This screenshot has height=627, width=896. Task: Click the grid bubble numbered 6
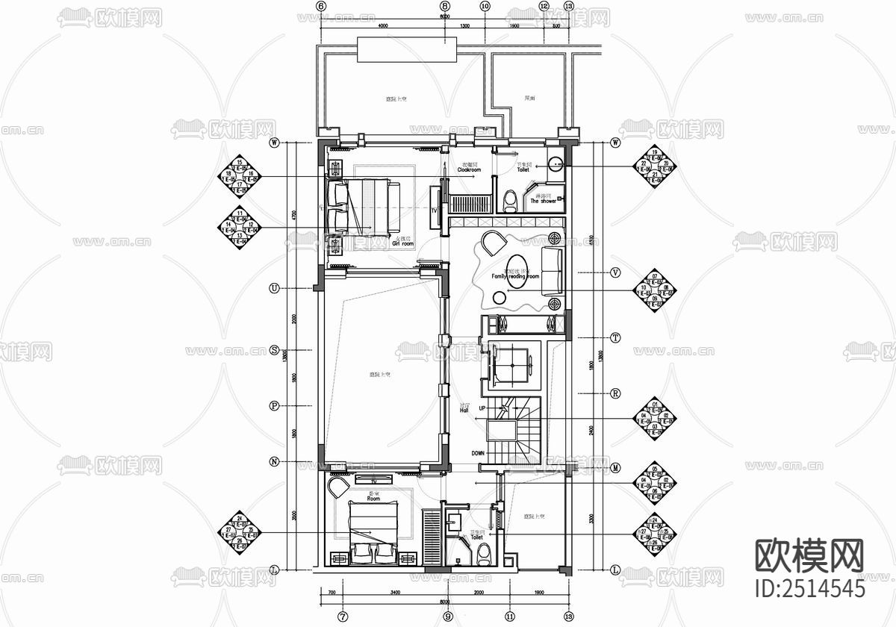pyautogui.click(x=322, y=6)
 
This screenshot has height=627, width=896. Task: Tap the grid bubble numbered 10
pyautogui.click(x=485, y=6)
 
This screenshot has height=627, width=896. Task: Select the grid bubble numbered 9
pyautogui.click(x=447, y=617)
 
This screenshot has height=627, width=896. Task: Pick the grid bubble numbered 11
pyautogui.click(x=509, y=617)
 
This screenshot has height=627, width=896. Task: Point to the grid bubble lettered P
pyautogui.click(x=274, y=406)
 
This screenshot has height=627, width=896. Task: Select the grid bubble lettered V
pyautogui.click(x=616, y=272)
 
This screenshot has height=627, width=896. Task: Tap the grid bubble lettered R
pyautogui.click(x=616, y=393)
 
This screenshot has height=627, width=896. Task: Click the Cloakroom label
pyautogui.click(x=469, y=170)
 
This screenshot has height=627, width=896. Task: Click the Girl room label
pyautogui.click(x=403, y=243)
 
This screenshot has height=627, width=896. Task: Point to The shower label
pyautogui.click(x=544, y=201)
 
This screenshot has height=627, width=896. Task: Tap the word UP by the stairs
pyautogui.click(x=482, y=408)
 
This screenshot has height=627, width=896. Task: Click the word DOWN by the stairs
pyautogui.click(x=479, y=453)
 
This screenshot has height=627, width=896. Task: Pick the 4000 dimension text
pyautogui.click(x=384, y=27)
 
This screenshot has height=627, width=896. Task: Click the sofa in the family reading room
pyautogui.click(x=553, y=270)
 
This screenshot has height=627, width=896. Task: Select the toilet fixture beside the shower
pyautogui.click(x=510, y=202)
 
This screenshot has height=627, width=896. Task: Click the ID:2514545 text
pyautogui.click(x=810, y=587)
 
